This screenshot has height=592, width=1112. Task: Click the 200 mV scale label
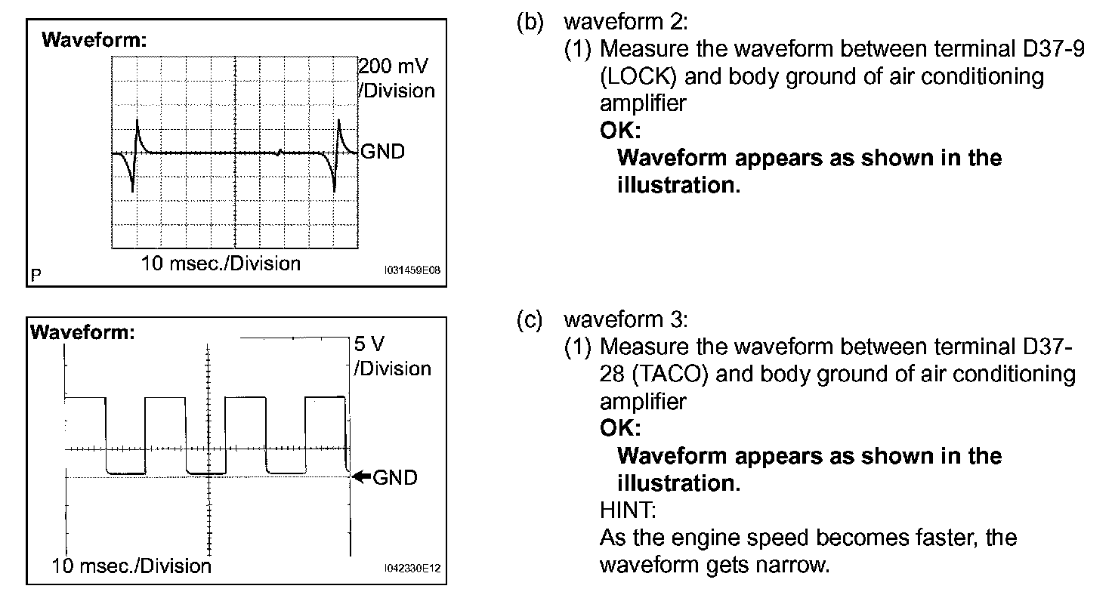tap(395, 66)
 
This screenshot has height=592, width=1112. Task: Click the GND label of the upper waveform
tap(383, 152)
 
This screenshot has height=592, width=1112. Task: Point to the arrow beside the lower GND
tap(362, 476)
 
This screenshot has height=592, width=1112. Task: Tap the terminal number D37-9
tap(1046, 50)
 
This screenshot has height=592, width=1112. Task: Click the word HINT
tap(628, 510)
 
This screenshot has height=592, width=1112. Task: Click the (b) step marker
tap(530, 23)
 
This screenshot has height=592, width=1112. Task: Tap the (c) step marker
tap(530, 320)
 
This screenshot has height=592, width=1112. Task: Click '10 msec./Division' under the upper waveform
tap(221, 264)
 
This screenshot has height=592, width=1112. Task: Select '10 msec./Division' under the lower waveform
tap(132, 565)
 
